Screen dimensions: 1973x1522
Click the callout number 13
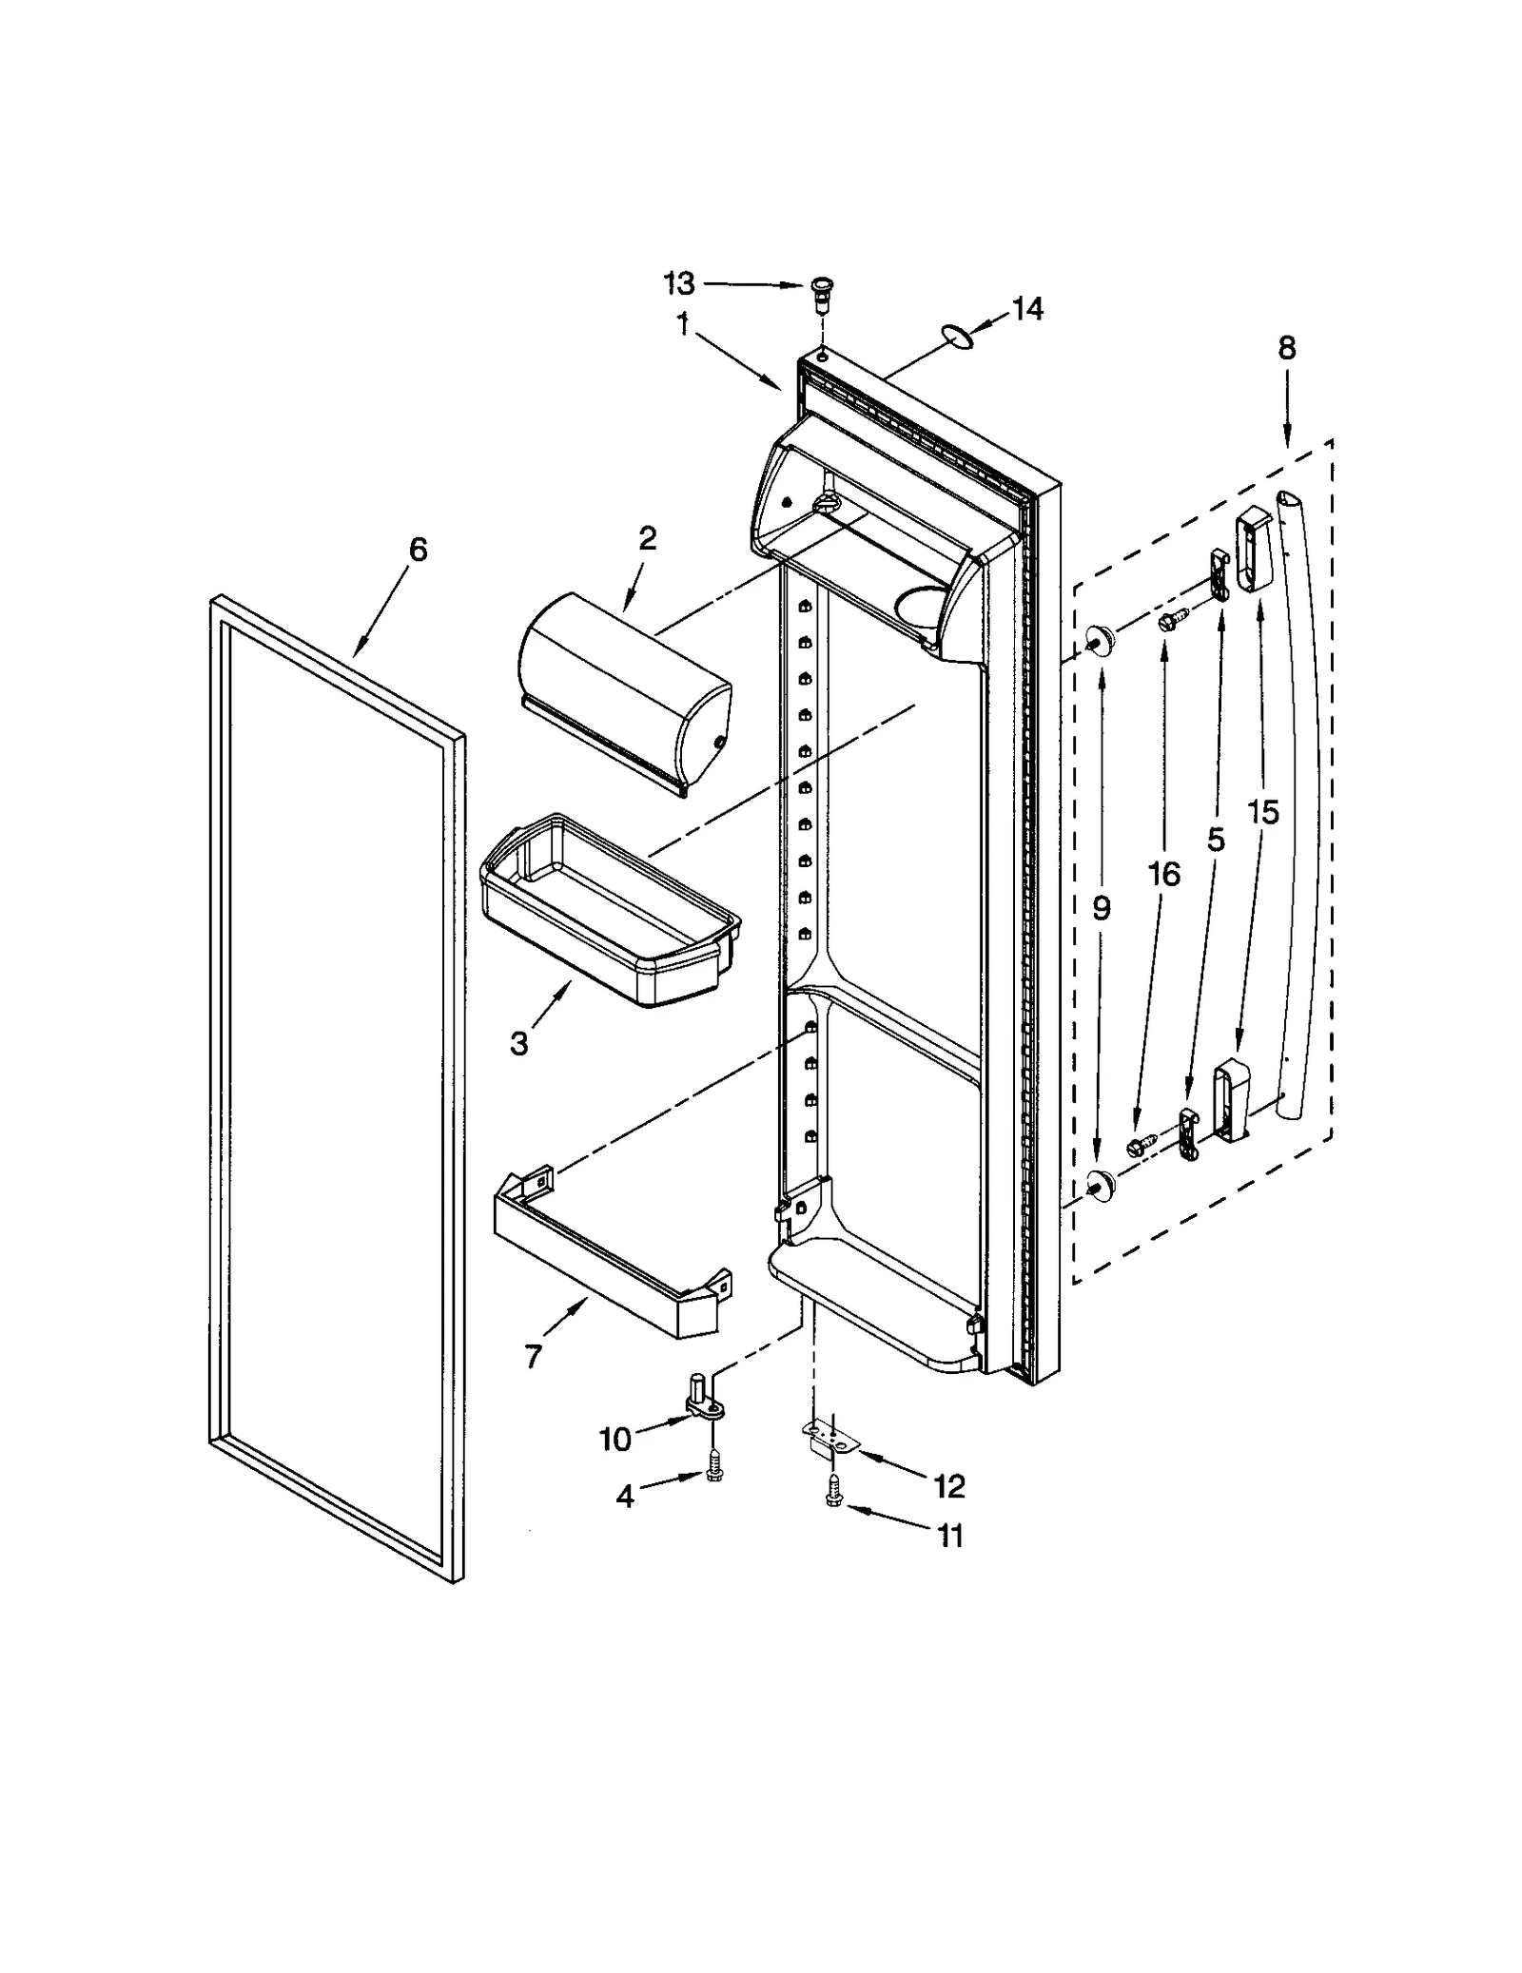point(679,283)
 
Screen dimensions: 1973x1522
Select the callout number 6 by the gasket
point(418,550)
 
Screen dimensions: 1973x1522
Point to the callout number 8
point(1286,348)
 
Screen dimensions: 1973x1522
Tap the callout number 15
point(1263,812)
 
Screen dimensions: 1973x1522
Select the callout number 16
point(1163,873)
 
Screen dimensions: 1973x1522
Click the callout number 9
point(1101,909)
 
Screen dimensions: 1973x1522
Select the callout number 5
point(1215,839)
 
